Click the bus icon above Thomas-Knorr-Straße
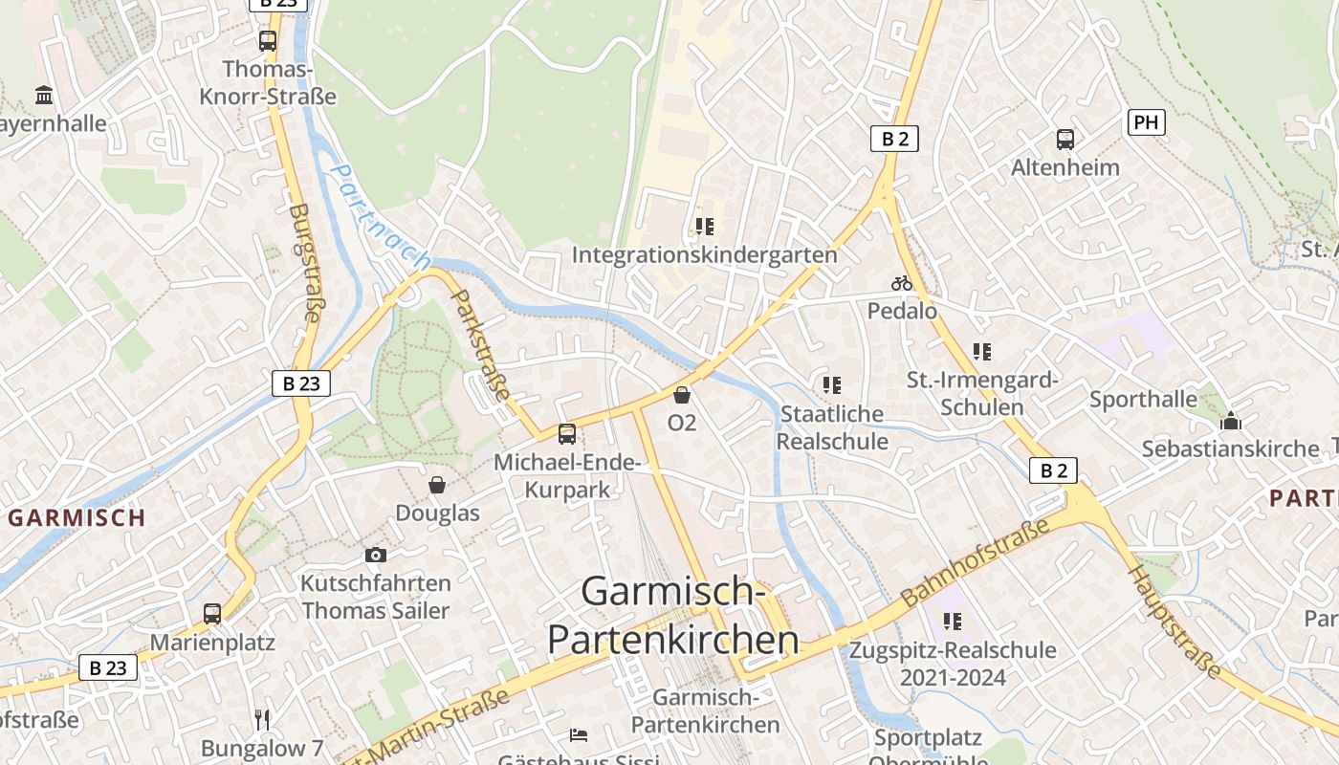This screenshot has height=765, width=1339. [x=268, y=41]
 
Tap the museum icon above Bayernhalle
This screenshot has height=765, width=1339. [x=44, y=96]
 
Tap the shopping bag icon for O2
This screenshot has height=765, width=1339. [x=682, y=395]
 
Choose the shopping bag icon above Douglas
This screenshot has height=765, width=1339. [x=437, y=485]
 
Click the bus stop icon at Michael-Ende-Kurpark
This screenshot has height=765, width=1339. [x=567, y=434]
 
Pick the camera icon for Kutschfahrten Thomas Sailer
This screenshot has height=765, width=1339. [x=376, y=555]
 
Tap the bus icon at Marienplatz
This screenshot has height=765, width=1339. [x=212, y=614]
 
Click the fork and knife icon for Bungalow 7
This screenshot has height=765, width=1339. [x=263, y=719]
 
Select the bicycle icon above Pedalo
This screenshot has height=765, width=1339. [x=902, y=283]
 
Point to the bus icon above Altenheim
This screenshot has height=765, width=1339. [x=1065, y=140]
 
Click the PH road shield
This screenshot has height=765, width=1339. [x=1147, y=122]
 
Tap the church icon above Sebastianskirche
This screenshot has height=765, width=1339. [x=1231, y=421]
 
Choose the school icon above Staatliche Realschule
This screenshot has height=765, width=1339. [x=832, y=385]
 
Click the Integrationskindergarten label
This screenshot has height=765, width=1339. [x=705, y=255]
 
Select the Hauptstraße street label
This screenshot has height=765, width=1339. [x=1175, y=622]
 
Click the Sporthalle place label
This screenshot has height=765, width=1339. [x=1143, y=399]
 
